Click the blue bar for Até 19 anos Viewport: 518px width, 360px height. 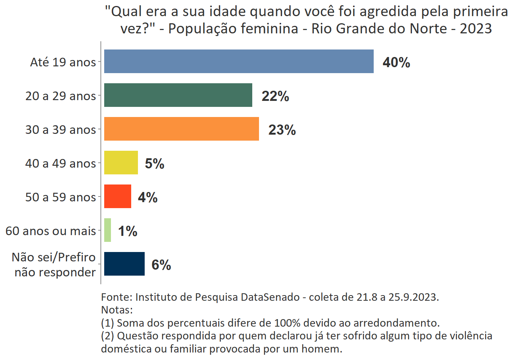[x=239, y=61]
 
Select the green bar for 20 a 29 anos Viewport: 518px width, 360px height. [x=178, y=95]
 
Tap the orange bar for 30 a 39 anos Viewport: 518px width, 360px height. [x=181, y=129]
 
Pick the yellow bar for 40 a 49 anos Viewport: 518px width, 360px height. [x=121, y=163]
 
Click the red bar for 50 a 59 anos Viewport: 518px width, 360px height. [x=117, y=196]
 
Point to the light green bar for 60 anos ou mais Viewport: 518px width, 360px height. [x=108, y=230]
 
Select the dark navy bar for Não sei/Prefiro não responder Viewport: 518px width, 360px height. [x=124, y=264]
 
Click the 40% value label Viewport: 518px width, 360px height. [x=396, y=62]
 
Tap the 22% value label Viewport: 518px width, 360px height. [x=275, y=96]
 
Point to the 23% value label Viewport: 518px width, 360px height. [x=282, y=130]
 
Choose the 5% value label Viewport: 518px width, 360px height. [x=154, y=164]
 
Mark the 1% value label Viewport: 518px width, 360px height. [x=127, y=231]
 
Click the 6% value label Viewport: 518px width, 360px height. [x=161, y=265]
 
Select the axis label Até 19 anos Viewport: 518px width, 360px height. [x=63, y=62]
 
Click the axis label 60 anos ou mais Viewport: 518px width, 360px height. [x=51, y=231]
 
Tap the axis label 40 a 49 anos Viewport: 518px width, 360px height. [x=61, y=163]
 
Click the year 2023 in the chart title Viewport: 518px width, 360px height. [x=476, y=28]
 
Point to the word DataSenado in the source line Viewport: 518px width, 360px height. [x=270, y=297]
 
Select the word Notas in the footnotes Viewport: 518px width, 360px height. [x=115, y=310]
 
